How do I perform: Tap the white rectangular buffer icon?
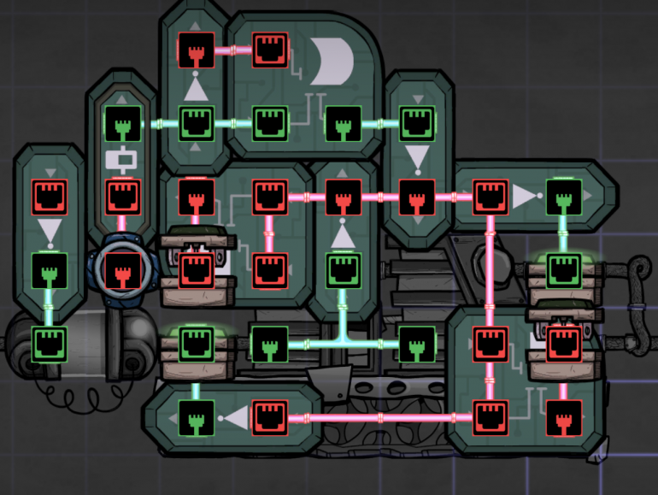coord(121,159)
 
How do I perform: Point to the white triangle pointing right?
coord(524,198)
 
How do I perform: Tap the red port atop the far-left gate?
coord(49,197)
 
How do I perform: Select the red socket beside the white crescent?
coord(271,50)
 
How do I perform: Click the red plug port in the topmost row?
coord(196,50)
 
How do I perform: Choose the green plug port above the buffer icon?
coord(121,123)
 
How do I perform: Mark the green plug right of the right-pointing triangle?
coord(563,197)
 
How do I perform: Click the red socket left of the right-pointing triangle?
coord(491,197)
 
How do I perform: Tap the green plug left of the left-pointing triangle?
coord(196,417)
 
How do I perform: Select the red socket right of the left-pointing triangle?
coord(270,417)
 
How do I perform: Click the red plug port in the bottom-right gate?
coord(563,417)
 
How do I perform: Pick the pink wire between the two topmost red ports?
coord(233,50)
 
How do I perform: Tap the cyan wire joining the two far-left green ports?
coord(49,306)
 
